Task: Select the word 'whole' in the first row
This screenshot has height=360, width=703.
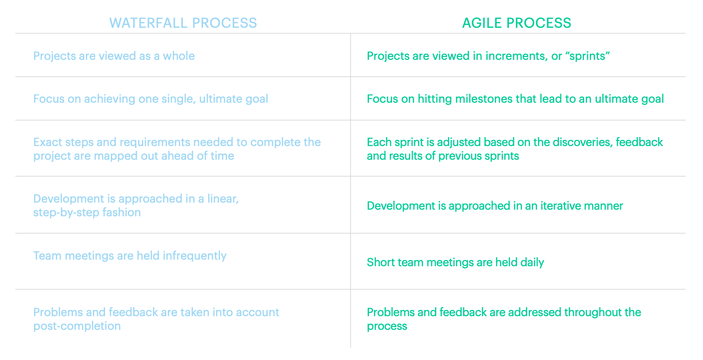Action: (x=179, y=56)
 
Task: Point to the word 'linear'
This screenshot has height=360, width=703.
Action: (x=222, y=199)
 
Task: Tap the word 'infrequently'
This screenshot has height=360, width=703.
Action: (x=195, y=256)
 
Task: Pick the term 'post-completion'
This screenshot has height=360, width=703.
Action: (x=77, y=326)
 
